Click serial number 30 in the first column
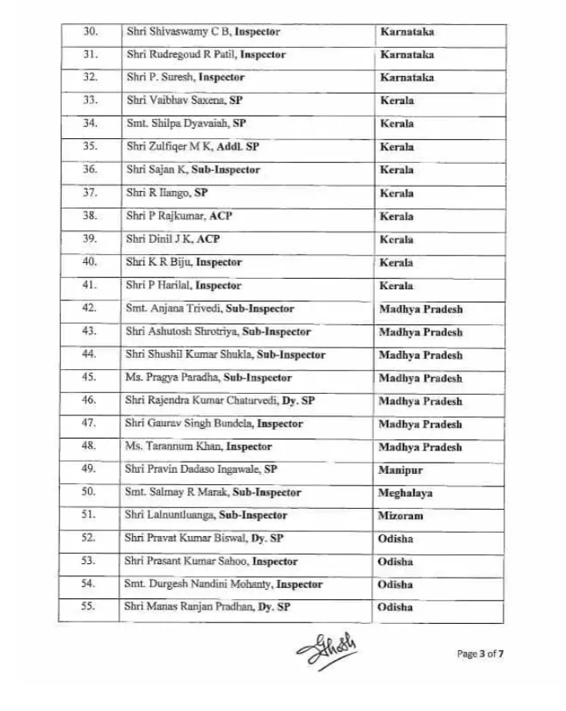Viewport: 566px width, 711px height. coord(90,32)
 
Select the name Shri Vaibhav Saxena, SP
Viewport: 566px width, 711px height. coord(185,101)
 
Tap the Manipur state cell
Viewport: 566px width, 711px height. coord(401,471)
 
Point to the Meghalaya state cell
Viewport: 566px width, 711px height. coord(405,494)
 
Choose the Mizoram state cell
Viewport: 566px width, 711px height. coord(401,516)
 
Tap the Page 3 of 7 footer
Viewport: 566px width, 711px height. coord(480,654)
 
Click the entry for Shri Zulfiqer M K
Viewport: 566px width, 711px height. coord(192,147)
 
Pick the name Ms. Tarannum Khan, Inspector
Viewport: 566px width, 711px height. coord(198,447)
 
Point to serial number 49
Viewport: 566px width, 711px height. coord(90,470)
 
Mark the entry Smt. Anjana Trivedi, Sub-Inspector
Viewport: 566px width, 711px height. coord(209,308)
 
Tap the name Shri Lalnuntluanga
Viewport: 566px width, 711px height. coord(206,516)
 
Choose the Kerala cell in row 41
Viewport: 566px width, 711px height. coord(397,285)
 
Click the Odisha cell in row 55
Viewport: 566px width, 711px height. coord(396,607)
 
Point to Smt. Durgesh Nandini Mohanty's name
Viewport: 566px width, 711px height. coord(223,585)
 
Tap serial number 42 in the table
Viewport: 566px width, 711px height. coord(90,308)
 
